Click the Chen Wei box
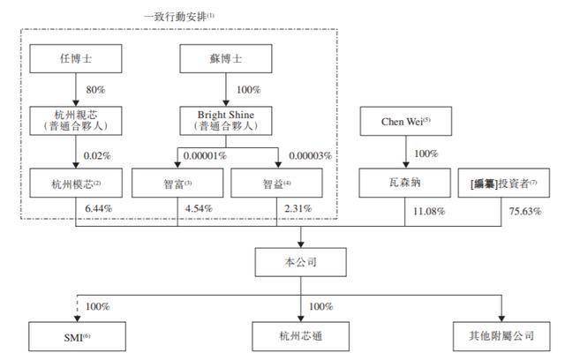click(x=407, y=120)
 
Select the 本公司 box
click(x=302, y=262)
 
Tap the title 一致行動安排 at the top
click(x=180, y=16)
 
